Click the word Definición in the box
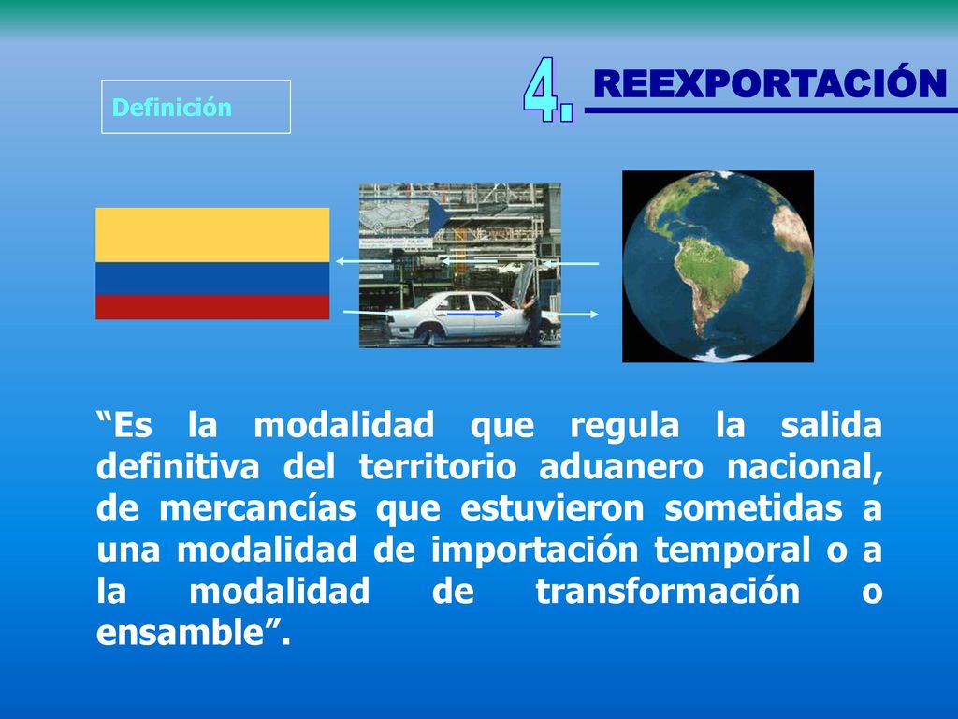click(x=172, y=108)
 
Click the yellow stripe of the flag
click(x=212, y=235)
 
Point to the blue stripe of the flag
click(x=212, y=279)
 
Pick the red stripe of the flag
click(x=212, y=307)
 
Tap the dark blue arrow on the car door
click(x=474, y=315)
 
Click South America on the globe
click(x=710, y=286)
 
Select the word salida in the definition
click(x=832, y=425)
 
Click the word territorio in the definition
click(x=438, y=466)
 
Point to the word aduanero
click(x=621, y=466)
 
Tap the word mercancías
click(x=257, y=508)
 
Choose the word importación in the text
click(x=534, y=550)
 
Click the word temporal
click(x=733, y=550)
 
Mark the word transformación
click(x=668, y=592)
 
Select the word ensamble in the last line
click(x=181, y=632)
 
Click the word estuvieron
click(x=552, y=508)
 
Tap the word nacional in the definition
click(x=805, y=467)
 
